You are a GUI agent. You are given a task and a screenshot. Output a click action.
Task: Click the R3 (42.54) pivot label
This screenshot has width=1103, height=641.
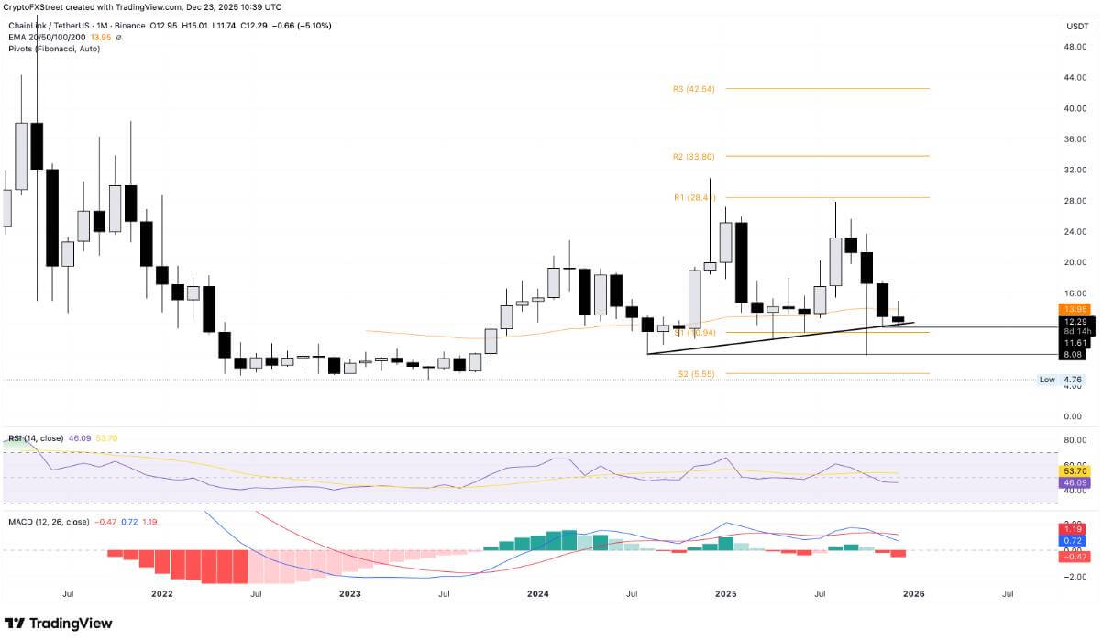[x=693, y=89]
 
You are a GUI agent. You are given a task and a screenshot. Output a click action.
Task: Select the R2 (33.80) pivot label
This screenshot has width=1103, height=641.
[x=693, y=157]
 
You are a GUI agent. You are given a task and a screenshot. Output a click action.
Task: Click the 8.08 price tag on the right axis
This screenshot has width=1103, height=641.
[x=1074, y=354]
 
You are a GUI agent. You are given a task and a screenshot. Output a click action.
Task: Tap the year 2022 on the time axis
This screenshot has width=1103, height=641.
[x=162, y=594]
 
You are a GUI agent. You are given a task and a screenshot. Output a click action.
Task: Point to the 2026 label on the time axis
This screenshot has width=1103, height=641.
[x=913, y=594]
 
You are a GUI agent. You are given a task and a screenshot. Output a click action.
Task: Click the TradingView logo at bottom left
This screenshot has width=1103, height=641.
[x=59, y=624]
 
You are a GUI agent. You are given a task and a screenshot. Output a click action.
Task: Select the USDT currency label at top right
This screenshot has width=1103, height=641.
[x=1076, y=27]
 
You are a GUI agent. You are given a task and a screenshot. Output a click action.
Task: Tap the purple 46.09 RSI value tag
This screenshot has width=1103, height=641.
[x=1074, y=481]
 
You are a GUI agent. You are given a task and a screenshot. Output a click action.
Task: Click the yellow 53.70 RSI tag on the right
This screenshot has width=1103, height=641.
[x=1074, y=470]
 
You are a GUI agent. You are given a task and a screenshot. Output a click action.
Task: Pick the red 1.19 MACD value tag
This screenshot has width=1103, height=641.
[x=1074, y=530]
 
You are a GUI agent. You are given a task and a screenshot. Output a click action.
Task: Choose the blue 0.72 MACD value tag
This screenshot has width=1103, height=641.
[x=1074, y=541]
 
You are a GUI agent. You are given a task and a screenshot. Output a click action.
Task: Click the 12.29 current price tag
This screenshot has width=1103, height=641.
[x=1074, y=322]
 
